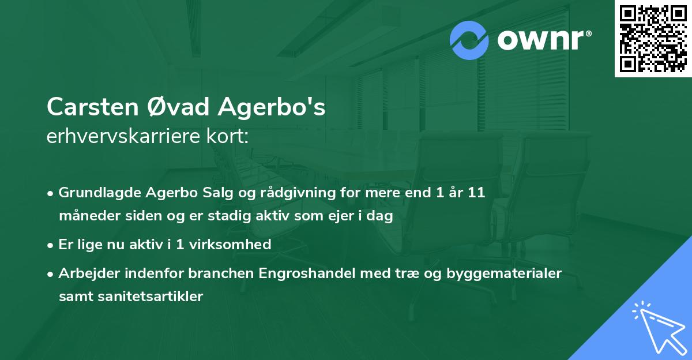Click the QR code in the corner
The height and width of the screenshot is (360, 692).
tap(653, 38)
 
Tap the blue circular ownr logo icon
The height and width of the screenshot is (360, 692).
tap(469, 40)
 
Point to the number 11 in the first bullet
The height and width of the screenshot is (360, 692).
tap(476, 193)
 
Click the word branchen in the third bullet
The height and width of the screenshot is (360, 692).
tap(218, 273)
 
